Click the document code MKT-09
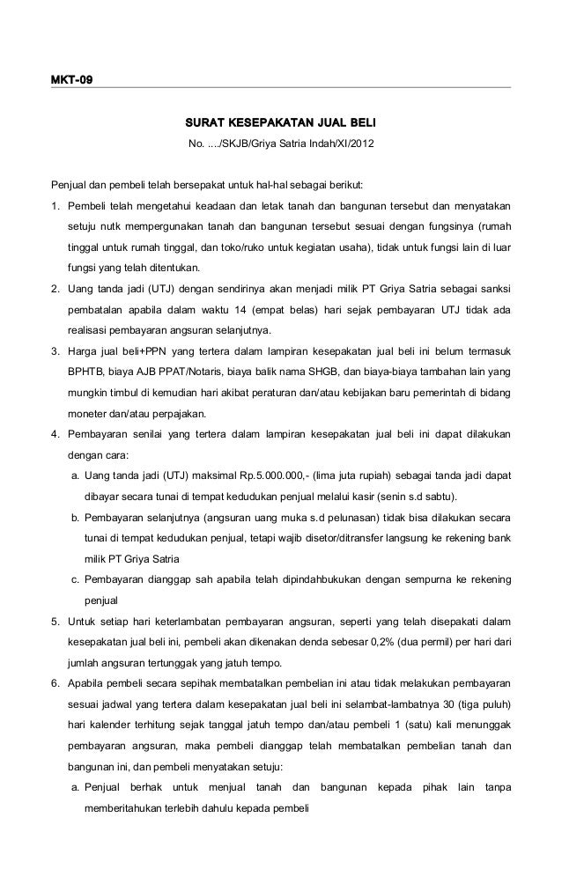pyautogui.click(x=71, y=80)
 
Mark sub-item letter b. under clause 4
pyautogui.click(x=77, y=518)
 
